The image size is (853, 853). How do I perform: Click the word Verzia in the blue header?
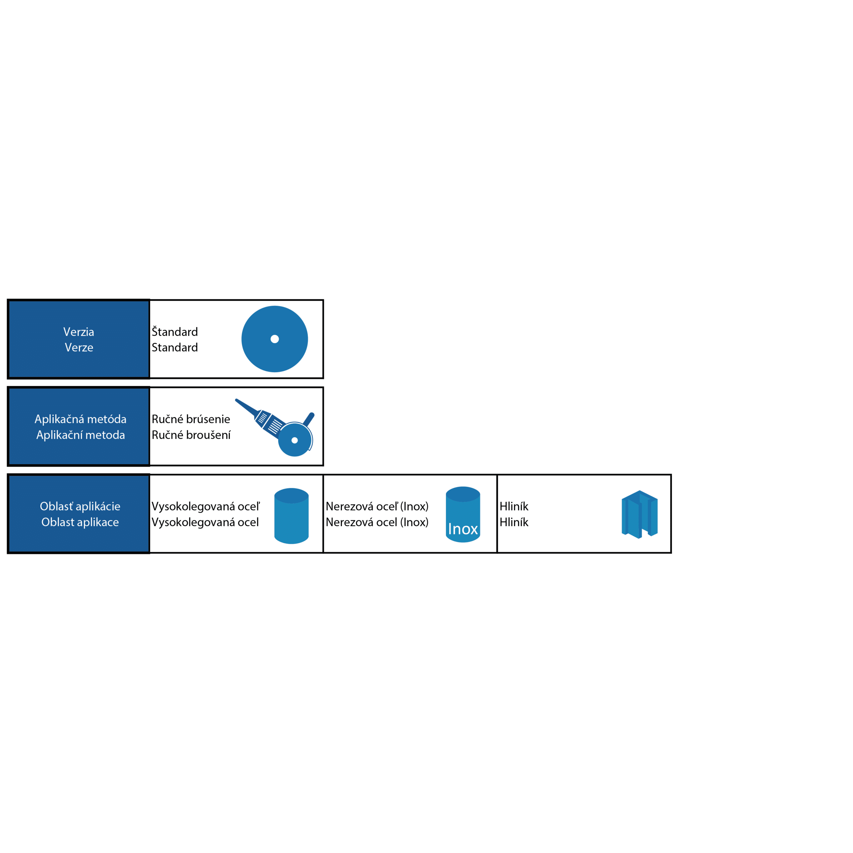coord(79,332)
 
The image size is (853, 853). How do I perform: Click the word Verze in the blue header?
coord(79,348)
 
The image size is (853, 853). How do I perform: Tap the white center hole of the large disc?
coord(275,339)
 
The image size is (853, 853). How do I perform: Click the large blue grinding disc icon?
coord(275,339)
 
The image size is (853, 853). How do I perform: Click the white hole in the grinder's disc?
coord(295,440)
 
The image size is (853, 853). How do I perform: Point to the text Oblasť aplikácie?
coord(80,506)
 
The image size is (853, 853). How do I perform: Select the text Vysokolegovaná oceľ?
coord(206,506)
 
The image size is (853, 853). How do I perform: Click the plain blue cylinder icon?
coord(292,516)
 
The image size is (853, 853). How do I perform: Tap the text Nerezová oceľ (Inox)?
coord(377,506)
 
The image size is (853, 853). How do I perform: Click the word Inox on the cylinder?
coord(463,529)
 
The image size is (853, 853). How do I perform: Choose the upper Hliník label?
coord(514,506)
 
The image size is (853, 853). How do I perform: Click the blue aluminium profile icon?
coord(640,514)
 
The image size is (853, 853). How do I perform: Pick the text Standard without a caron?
coord(175,348)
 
